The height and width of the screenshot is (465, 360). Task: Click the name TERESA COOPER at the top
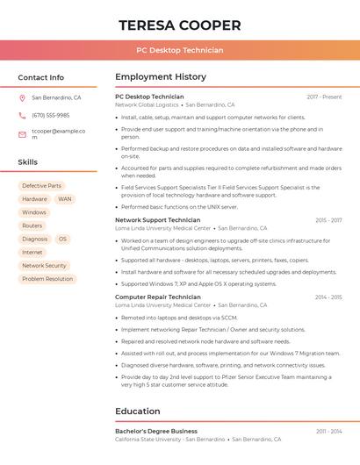pos(180,25)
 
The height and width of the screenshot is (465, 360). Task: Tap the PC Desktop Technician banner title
pos(180,50)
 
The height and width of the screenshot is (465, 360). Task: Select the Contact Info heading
pos(40,77)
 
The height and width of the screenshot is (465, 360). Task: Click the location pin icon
pos(22,98)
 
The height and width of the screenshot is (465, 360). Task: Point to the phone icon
pos(22,116)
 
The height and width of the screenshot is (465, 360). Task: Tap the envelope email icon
pos(22,134)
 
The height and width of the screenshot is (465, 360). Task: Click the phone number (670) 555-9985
pos(50,116)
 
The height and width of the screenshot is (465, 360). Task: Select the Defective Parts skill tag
pos(41,186)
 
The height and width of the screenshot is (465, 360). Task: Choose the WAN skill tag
pos(65,199)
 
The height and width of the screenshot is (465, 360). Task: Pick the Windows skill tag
pos(34,212)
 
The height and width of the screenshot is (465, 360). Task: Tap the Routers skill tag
pos(32,225)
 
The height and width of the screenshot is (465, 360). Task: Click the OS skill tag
pos(62,239)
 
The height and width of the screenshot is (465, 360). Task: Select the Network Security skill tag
pos(44,265)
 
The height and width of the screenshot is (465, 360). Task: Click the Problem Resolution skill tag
pos(47,279)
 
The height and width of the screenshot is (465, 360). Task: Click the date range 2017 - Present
pos(324,97)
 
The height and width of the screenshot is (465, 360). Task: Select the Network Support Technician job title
pos(157,220)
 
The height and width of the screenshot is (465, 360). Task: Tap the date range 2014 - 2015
pos(328,297)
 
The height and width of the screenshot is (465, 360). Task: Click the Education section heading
pos(137,411)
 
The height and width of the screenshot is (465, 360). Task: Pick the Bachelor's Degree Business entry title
pos(155,432)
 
